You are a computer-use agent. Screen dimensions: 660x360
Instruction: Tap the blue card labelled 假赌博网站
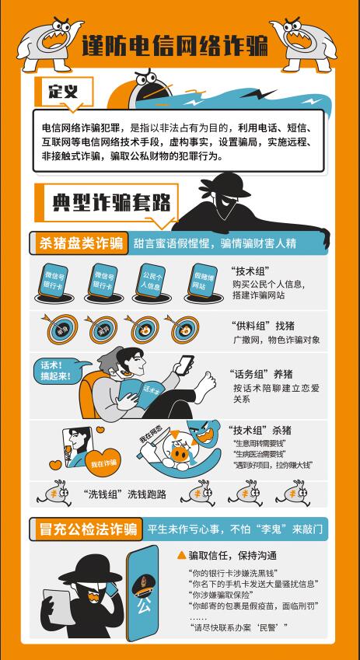click(204, 281)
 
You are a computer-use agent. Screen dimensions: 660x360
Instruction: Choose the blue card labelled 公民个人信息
click(152, 280)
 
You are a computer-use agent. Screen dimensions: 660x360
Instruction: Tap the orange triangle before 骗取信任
click(182, 556)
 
